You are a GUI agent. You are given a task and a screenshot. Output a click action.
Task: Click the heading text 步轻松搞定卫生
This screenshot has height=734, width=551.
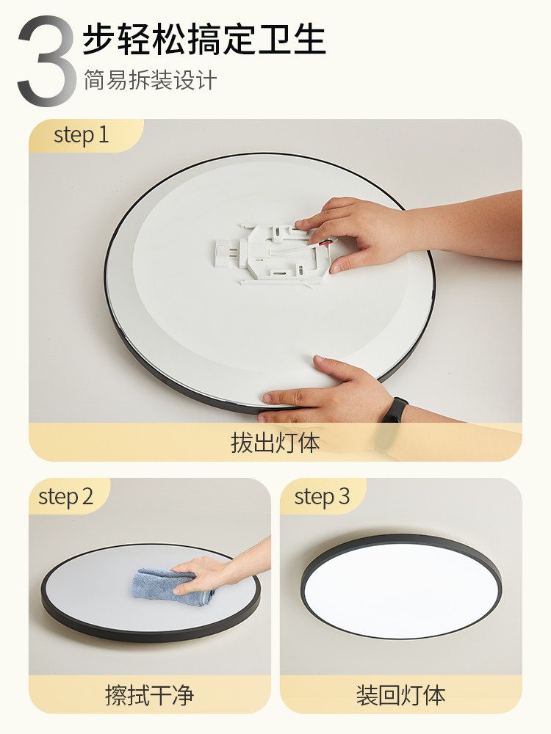pyautogui.click(x=204, y=38)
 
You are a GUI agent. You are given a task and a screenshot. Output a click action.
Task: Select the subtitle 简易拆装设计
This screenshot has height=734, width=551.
pyautogui.click(x=150, y=80)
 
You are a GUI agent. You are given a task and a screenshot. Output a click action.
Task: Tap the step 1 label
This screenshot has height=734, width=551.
pyautogui.click(x=81, y=135)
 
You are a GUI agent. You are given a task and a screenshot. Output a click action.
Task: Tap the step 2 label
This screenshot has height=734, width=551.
pyautogui.click(x=65, y=497)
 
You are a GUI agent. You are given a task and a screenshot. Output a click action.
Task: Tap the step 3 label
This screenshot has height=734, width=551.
pyautogui.click(x=322, y=497)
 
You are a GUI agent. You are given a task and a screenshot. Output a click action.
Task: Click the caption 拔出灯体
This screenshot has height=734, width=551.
pyautogui.click(x=275, y=443)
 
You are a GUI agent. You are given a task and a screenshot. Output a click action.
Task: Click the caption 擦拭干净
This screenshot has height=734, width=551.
pyautogui.click(x=150, y=694)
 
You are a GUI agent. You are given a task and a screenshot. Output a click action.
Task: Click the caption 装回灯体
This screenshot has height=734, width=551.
pyautogui.click(x=400, y=694)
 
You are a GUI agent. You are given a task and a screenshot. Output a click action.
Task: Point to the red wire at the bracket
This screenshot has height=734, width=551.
pyautogui.click(x=324, y=243)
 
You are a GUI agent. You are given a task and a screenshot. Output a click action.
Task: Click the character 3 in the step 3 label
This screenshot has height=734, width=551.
pyautogui.click(x=344, y=497)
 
